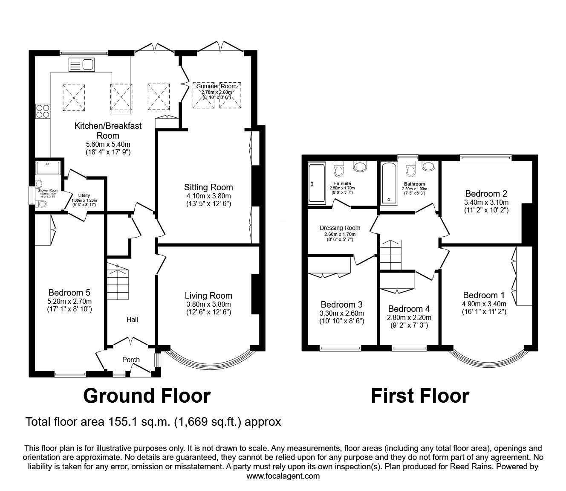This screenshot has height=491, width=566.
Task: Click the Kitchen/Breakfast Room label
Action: (108, 131)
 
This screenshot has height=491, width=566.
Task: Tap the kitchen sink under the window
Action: (81, 65)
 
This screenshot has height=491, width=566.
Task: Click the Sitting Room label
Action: (208, 187)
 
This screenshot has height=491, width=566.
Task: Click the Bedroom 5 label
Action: (69, 293)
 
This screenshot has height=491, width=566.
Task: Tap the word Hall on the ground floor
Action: (131, 320)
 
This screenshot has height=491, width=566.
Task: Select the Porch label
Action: (131, 360)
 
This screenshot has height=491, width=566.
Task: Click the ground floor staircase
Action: (117, 283)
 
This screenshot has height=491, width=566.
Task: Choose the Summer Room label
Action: (217, 86)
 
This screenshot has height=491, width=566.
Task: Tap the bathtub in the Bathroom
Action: (388, 183)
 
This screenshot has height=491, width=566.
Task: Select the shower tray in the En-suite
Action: (316, 183)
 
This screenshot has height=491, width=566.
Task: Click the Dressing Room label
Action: (340, 228)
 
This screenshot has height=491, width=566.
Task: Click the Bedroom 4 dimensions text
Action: (409, 322)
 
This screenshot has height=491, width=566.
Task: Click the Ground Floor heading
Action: (147, 395)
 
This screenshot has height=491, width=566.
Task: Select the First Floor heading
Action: (420, 395)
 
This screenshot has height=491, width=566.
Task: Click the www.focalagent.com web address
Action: (283, 476)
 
